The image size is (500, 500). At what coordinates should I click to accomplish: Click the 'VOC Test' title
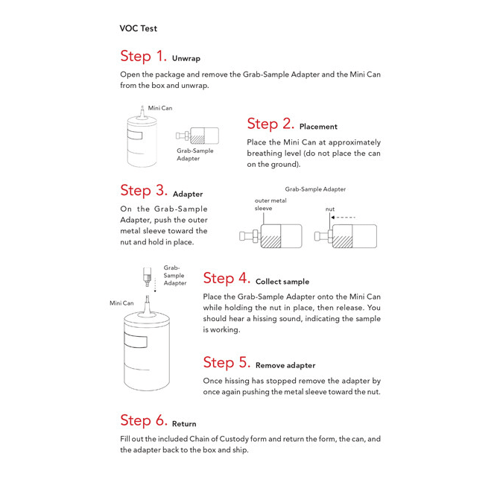pos(138,28)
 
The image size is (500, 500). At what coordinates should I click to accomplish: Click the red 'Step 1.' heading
pos(144,57)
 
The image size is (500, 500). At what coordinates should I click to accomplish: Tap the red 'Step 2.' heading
pos(270,124)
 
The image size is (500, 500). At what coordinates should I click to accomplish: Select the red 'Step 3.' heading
pos(144,191)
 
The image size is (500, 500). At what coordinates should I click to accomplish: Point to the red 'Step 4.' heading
pos(227,279)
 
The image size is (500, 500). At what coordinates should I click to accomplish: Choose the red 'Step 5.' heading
pos(227,363)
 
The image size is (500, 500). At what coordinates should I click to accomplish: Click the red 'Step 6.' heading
pos(144,420)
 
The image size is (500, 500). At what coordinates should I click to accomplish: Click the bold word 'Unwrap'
pos(186,58)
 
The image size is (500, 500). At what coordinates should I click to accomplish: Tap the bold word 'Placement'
pos(318,127)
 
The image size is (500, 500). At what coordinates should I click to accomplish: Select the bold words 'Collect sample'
pos(282,282)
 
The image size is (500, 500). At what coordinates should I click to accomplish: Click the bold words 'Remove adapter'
pos(285,366)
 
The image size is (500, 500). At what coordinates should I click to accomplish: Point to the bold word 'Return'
pos(184,424)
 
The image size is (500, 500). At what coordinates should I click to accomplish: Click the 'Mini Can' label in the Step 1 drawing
pos(160,108)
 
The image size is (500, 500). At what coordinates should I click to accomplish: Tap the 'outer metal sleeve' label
pos(270,204)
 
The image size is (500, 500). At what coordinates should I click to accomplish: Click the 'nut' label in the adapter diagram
pos(330,210)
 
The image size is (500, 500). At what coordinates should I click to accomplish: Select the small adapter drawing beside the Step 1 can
pos(197,136)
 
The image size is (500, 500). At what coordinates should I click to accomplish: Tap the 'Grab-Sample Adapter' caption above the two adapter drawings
pos(315,189)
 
